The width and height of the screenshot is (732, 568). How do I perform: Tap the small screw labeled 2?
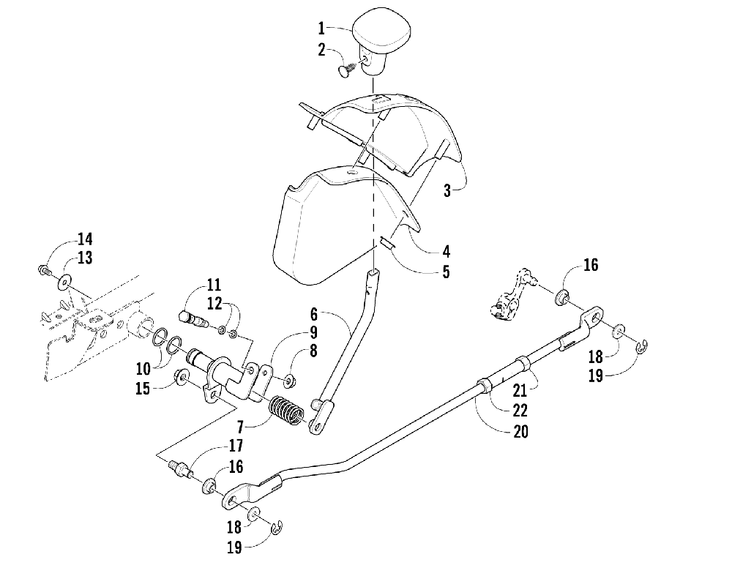346,70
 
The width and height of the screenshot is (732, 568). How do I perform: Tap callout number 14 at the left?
86,239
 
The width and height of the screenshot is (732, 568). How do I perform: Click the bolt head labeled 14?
42,271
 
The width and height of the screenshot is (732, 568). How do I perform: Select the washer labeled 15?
181,378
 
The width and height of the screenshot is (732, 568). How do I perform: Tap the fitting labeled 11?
192,318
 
